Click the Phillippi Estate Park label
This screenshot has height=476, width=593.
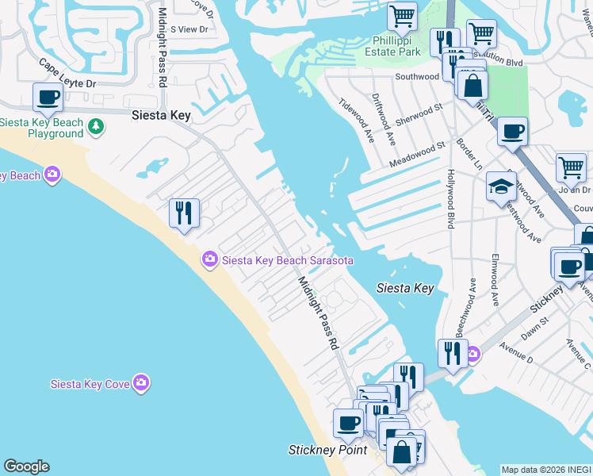coord(397,46)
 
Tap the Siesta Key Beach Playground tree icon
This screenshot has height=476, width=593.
coord(96,125)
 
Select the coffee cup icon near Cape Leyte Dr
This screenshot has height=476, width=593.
coord(48,98)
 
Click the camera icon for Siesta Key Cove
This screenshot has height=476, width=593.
coord(141,384)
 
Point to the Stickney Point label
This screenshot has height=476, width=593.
coord(327,450)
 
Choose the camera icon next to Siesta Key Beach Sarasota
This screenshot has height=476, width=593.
coord(210,259)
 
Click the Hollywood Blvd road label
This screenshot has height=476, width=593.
coord(450,199)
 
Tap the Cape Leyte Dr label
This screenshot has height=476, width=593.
coord(67,73)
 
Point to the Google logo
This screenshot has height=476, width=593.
coord(26,466)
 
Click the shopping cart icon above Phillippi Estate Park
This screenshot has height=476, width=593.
coord(403,16)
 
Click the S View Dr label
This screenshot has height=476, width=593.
coord(189,29)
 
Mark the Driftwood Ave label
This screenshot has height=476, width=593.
coord(384,121)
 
